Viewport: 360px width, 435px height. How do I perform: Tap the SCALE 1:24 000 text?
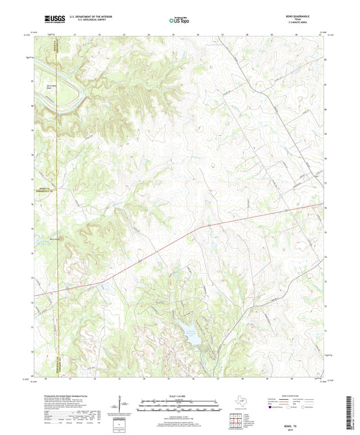pyautogui.click(x=179, y=396)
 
